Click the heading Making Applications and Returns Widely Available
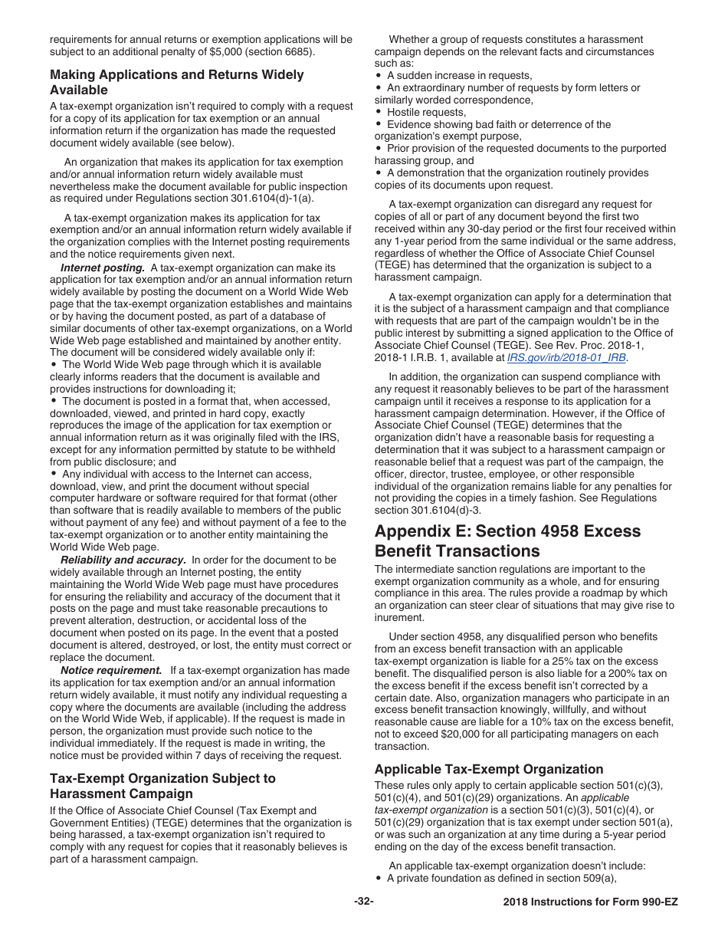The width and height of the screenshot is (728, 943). click(x=176, y=82)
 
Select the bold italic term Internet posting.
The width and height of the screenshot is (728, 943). click(x=103, y=268)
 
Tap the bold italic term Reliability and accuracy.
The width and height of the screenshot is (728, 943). click(x=123, y=560)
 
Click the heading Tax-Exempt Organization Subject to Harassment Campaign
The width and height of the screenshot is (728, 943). click(x=162, y=786)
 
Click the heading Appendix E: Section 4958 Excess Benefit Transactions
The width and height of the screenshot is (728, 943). click(x=507, y=541)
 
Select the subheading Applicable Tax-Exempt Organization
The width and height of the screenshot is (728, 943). click(x=489, y=769)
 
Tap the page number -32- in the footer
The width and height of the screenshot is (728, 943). click(x=364, y=902)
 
